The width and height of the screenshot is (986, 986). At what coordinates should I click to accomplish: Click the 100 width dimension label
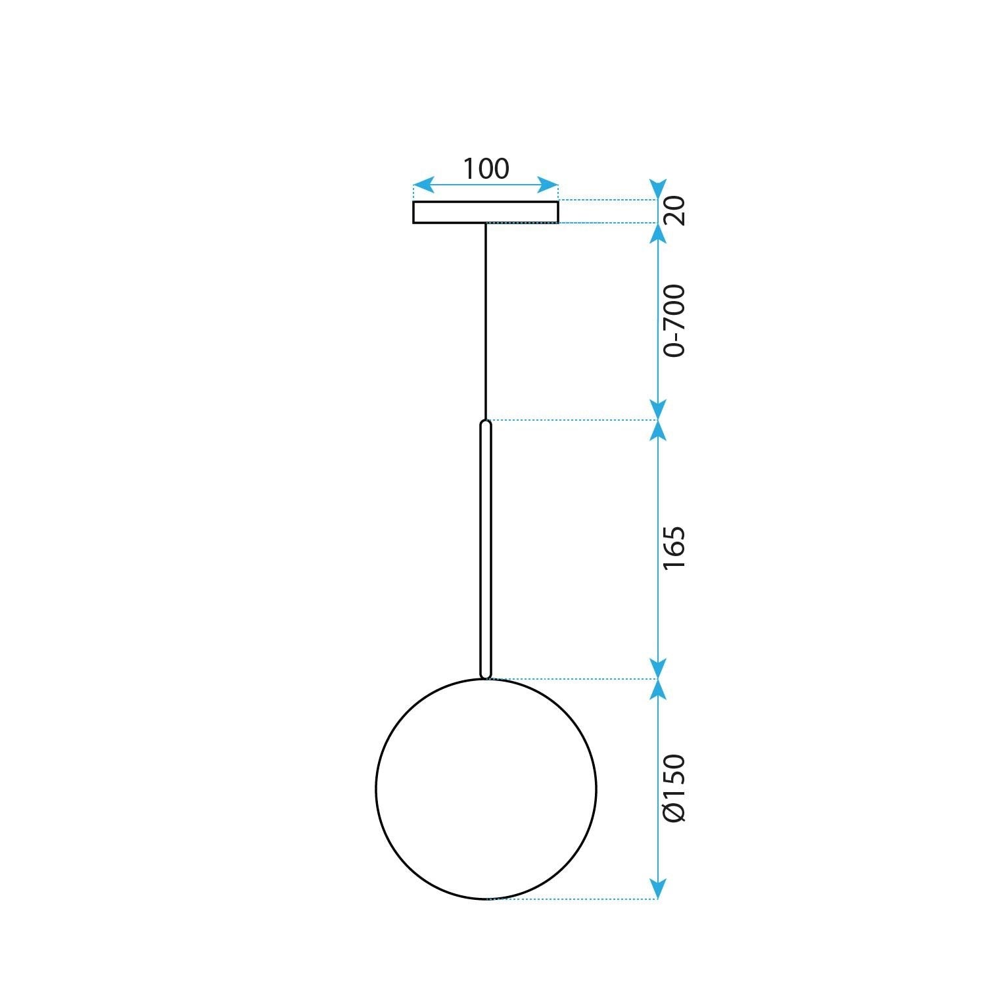(486, 169)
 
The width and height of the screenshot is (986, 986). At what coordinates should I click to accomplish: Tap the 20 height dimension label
(674, 210)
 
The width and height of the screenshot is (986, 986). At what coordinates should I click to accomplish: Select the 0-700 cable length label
(674, 321)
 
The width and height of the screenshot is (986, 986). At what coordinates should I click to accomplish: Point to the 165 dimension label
(674, 548)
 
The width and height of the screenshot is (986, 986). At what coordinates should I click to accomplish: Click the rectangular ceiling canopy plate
(486, 212)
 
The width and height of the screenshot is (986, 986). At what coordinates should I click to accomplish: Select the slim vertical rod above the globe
(486, 548)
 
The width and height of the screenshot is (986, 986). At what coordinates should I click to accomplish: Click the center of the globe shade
(486, 788)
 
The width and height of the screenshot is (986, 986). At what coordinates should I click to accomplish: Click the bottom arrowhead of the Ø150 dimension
(658, 889)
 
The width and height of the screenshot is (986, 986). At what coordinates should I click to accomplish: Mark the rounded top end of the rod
(486, 423)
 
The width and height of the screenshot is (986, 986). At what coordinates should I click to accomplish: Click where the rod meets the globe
(486, 677)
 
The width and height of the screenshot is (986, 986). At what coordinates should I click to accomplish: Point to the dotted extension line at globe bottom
(572, 899)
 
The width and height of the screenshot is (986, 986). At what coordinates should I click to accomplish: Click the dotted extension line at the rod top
(572, 419)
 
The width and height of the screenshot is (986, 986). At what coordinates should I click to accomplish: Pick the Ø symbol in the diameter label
(674, 812)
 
